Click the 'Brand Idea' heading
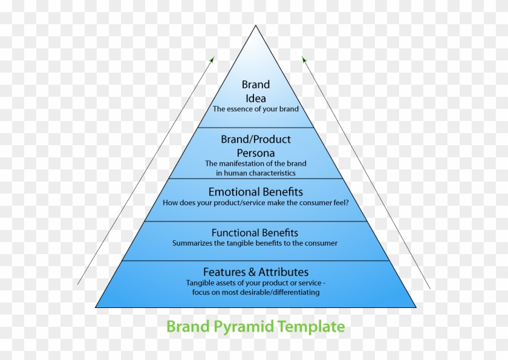click(256, 91)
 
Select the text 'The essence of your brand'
click(256, 109)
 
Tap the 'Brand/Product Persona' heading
click(256, 146)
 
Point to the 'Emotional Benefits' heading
click(256, 192)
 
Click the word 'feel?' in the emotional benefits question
click(341, 203)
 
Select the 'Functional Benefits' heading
click(255, 233)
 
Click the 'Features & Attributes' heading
click(256, 272)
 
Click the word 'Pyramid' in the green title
click(244, 327)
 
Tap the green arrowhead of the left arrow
click(212, 59)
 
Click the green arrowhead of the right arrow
click(304, 59)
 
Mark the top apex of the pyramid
click(256, 25)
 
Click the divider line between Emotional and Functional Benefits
click(256, 221)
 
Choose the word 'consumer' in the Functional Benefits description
click(321, 243)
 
